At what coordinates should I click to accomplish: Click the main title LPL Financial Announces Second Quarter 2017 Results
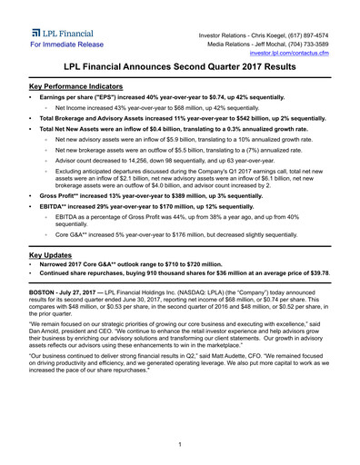point(180,68)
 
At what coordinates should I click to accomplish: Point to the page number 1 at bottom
point(180,444)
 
